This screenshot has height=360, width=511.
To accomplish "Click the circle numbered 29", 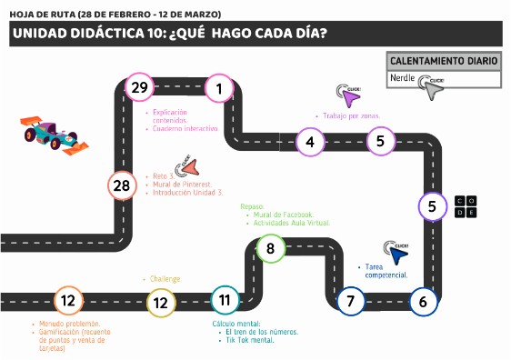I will pos(139,88).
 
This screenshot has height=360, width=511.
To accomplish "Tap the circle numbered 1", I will pos(219,88).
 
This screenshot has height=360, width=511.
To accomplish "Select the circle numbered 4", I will pos(310,141).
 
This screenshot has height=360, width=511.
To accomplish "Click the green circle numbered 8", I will pos(270,247).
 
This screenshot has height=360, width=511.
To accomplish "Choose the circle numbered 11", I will pos(225,298).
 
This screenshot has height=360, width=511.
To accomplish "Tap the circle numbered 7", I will pos(350,300).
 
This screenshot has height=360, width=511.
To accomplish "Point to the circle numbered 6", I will pos(423,300).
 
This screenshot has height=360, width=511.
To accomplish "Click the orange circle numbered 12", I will pos(67,300).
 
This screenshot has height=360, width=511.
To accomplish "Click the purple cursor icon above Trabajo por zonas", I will pos(348,95).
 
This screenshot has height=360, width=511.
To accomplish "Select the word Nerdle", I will pos(402,79).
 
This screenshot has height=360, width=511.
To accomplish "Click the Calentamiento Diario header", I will pos(443,61).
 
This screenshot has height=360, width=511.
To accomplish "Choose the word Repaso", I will pos(251,205).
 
